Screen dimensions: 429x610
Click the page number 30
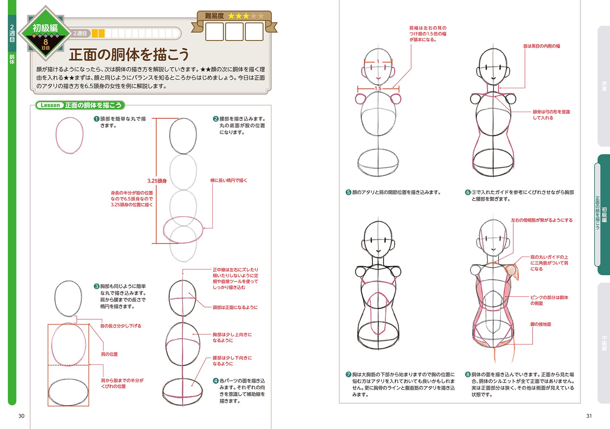pyautogui.click(x=21, y=416)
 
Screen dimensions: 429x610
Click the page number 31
pyautogui.click(x=589, y=416)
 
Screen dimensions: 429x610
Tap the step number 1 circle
pyautogui.click(x=96, y=119)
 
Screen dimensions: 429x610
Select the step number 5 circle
pyautogui.click(x=348, y=192)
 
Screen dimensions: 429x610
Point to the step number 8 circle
pyautogui.click(x=467, y=374)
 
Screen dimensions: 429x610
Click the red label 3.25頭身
pyautogui.click(x=157, y=181)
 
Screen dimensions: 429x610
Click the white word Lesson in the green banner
pyautogui.click(x=50, y=105)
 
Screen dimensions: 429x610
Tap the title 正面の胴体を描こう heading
pyautogui.click(x=129, y=55)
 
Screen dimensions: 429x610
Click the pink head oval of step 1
pyautogui.click(x=69, y=135)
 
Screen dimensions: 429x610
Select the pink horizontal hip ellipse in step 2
pyautogui.click(x=183, y=229)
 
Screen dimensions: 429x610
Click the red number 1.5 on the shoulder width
pyautogui.click(x=378, y=88)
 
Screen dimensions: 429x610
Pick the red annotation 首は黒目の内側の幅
pyautogui.click(x=541, y=46)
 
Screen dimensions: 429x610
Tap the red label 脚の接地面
pyautogui.click(x=541, y=324)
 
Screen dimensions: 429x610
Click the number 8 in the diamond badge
pyautogui.click(x=46, y=42)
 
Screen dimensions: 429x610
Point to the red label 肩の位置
pyautogui.click(x=109, y=354)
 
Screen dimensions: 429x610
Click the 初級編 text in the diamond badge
pyautogui.click(x=45, y=28)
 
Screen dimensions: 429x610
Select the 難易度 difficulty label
pyautogui.click(x=214, y=16)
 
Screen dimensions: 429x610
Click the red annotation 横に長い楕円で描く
pyautogui.click(x=228, y=181)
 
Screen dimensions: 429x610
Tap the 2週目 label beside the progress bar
pyautogui.click(x=80, y=34)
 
